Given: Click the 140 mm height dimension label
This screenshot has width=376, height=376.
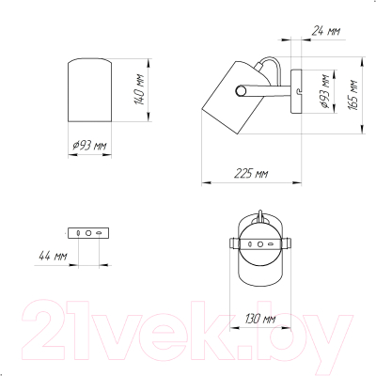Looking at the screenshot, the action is pos(140,89).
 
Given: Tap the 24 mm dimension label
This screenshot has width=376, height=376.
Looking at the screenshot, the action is pos(326,31).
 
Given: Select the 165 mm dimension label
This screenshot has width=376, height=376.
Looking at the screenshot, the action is pos(352,95).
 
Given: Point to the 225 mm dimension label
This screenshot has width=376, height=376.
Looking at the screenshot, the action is pos(251,173).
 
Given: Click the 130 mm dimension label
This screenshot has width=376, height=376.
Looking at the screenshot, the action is pos(260,319).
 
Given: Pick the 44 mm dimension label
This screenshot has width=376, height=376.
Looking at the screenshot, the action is pos(53,256).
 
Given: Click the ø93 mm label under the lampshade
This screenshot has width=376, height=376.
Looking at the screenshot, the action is pos(89,146).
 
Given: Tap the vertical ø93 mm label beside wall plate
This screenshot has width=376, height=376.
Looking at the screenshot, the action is pos(324,91).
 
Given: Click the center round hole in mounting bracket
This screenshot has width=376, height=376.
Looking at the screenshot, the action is pos(88,233).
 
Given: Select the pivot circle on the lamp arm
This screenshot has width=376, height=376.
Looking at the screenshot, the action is pos(241,91).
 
